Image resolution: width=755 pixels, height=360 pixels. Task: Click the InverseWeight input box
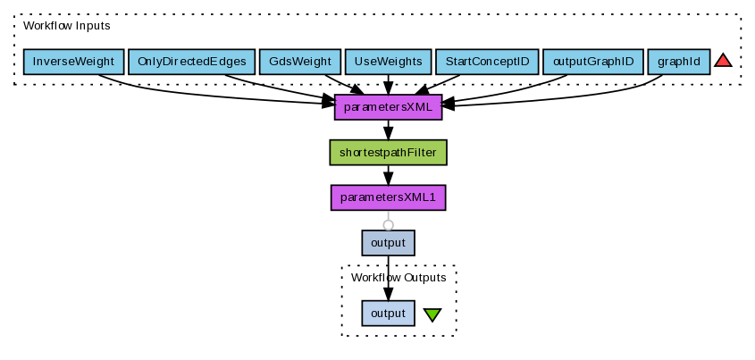73,62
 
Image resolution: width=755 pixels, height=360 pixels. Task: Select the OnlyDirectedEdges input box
191,62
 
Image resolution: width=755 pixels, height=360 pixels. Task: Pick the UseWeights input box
388,62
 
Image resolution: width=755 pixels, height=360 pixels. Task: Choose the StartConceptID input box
486,62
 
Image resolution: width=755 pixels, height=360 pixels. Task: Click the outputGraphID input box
592,62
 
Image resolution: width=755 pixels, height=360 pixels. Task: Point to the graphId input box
678,62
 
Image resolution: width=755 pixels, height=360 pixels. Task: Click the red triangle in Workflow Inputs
723,61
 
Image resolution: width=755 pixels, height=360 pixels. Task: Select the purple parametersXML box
388,107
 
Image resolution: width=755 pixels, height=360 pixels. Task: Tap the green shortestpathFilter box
388,153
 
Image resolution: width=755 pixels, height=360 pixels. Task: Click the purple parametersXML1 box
388,197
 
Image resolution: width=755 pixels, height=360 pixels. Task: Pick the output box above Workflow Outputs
388,242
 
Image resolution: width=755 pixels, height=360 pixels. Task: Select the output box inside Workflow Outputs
388,313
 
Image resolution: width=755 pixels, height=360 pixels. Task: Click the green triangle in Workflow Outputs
432,314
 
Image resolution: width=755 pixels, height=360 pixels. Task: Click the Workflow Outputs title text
398,278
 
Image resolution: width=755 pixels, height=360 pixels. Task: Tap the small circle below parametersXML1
388,224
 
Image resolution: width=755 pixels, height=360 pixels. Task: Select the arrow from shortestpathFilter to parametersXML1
388,176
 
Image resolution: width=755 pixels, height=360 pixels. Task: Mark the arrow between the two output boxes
388,277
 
